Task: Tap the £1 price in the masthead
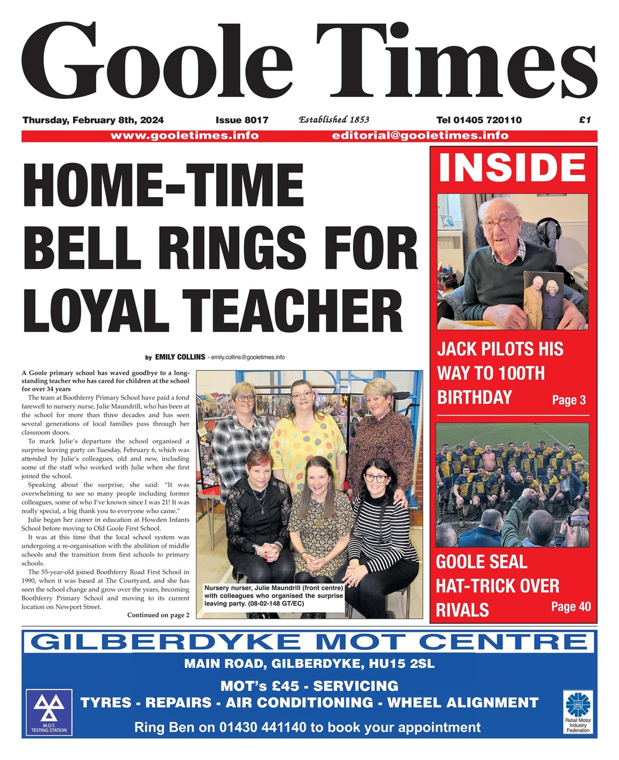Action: pos(585,120)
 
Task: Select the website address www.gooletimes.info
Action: pos(185,135)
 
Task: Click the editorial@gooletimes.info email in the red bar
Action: pos(420,135)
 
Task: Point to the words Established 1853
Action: pos(334,119)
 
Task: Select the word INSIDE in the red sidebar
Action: pos(512,167)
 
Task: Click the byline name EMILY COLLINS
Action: pos(180,357)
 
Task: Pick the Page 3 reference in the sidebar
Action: pos(569,400)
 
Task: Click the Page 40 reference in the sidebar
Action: pos(570,606)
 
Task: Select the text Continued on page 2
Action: pos(158,615)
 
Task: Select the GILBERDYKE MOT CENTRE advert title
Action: pos(309,642)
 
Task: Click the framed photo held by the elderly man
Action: pos(544,300)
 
